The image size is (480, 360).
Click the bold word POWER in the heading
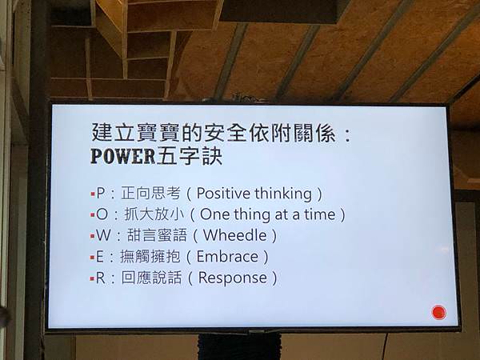click(x=123, y=156)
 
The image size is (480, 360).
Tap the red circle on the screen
click(x=438, y=313)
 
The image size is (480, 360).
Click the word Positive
click(x=223, y=193)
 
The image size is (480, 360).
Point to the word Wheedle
click(x=234, y=235)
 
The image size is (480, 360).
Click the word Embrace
click(x=227, y=257)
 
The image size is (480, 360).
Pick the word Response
click(x=233, y=278)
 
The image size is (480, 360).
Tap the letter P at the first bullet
click(x=101, y=193)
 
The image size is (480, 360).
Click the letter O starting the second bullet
click(x=102, y=214)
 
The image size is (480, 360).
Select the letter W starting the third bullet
click(x=103, y=235)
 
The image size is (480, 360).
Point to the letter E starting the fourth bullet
click(x=100, y=257)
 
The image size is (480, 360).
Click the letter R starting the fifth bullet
click(x=101, y=278)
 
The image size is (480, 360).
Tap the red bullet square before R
click(x=92, y=279)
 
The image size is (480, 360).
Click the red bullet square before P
click(x=93, y=194)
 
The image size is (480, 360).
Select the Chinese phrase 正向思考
click(x=150, y=193)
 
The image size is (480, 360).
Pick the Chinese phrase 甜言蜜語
click(x=157, y=235)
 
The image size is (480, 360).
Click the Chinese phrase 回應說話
click(x=151, y=278)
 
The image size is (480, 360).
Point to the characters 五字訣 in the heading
click(x=189, y=156)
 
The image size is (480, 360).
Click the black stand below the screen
click(x=239, y=346)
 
